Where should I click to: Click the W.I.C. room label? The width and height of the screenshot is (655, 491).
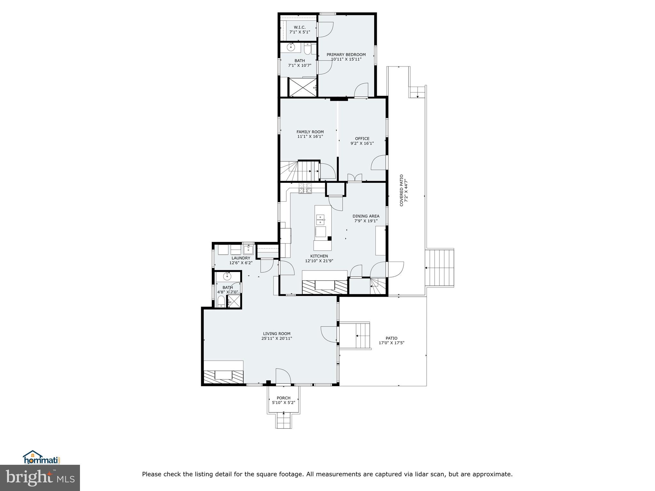(x=299, y=27)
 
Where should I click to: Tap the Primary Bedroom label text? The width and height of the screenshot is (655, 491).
(x=346, y=55)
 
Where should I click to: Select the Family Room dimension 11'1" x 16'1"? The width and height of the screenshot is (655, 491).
(x=310, y=136)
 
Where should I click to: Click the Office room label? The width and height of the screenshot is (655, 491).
(x=362, y=139)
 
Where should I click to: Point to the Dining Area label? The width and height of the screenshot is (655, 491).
(x=366, y=216)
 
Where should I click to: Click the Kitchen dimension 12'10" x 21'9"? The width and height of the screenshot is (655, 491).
(x=319, y=261)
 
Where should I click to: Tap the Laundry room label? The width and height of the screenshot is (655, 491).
(x=241, y=258)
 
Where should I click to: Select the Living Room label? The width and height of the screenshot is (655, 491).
(x=277, y=334)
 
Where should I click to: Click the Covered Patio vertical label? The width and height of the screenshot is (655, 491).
(x=402, y=190)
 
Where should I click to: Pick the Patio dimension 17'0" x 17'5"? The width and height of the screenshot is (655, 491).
(x=391, y=343)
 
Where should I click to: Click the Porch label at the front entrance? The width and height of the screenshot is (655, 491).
(x=283, y=398)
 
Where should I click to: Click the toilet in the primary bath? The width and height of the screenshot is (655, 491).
(x=307, y=50)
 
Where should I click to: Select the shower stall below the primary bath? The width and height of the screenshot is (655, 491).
(x=303, y=87)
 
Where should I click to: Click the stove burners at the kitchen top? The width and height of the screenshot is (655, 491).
(x=305, y=189)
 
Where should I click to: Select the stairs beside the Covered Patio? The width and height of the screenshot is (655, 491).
(x=440, y=268)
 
